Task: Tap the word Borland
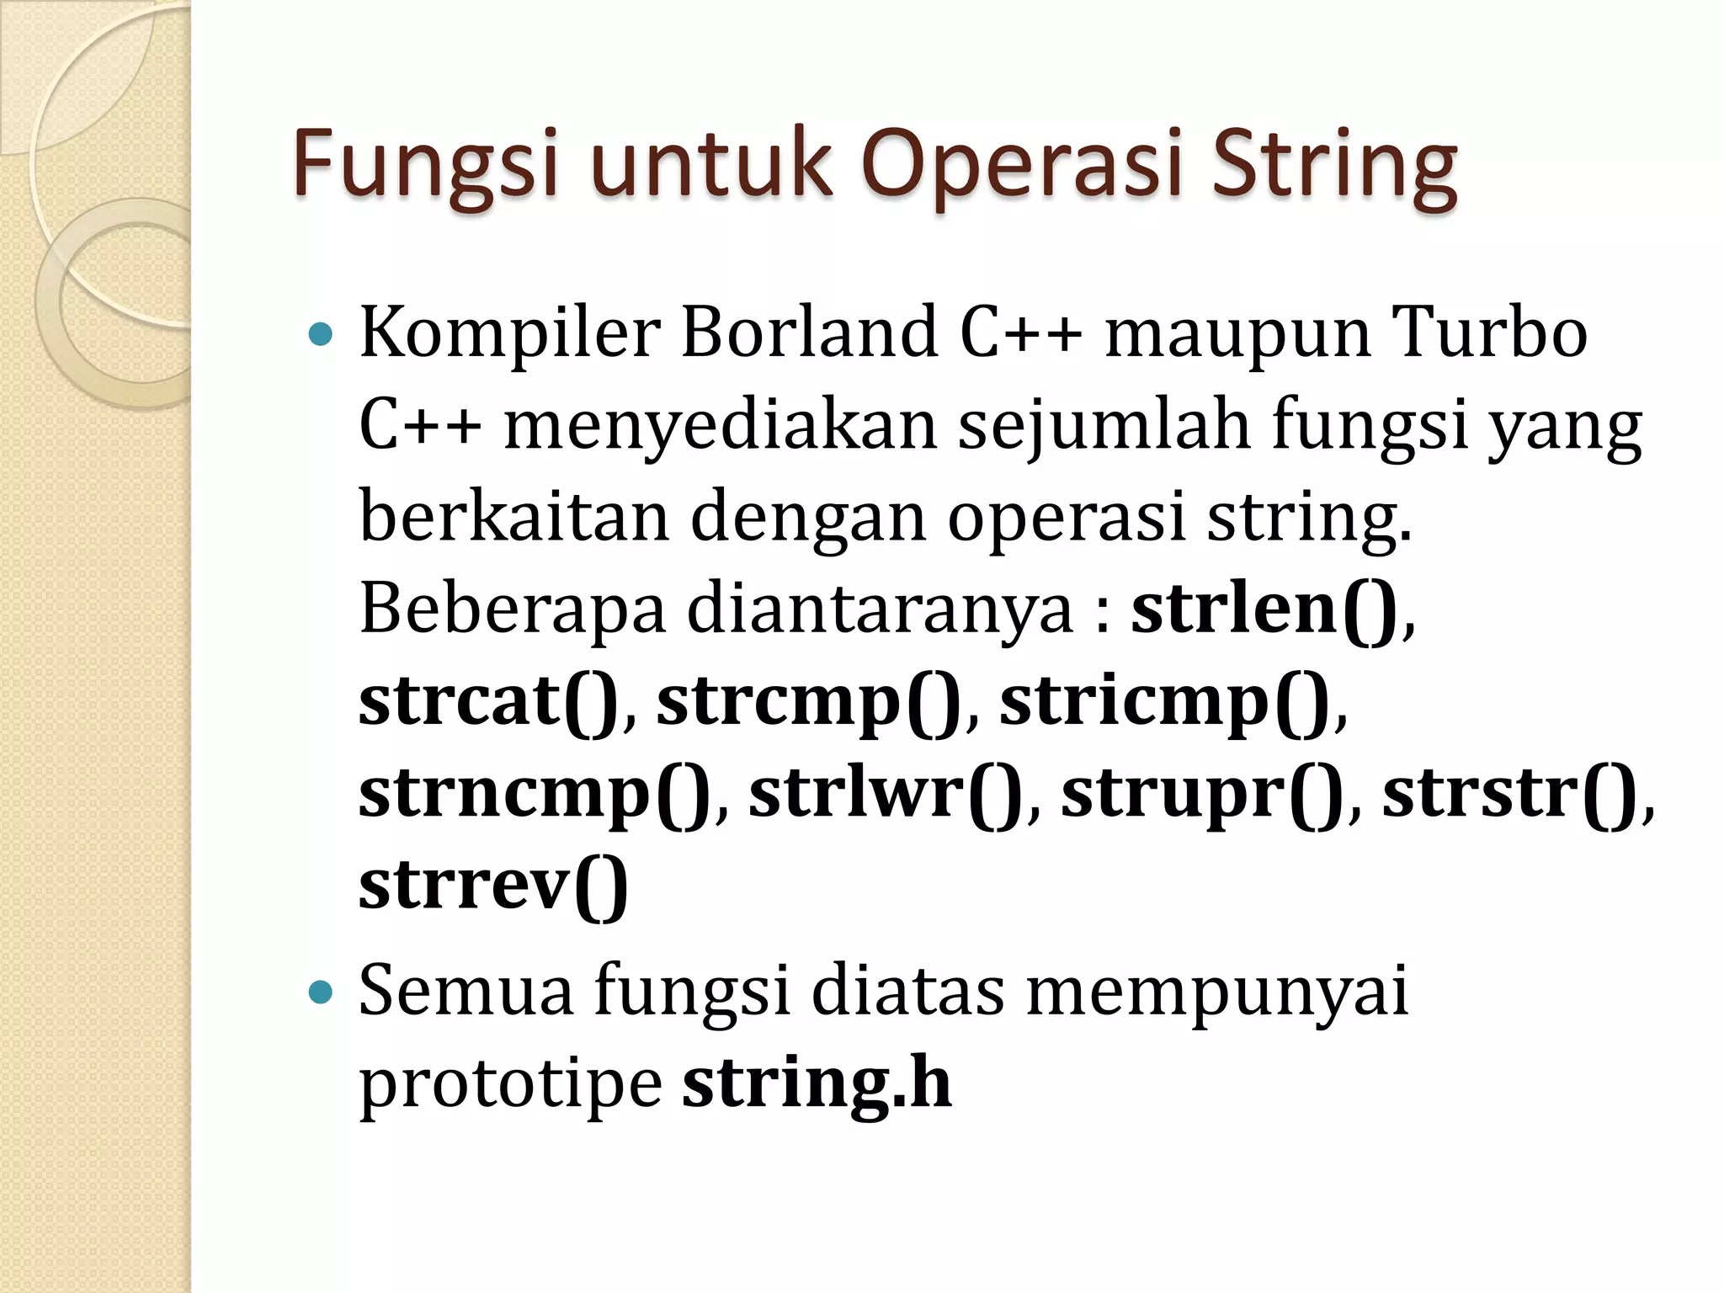click(x=809, y=333)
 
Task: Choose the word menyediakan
click(x=720, y=425)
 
